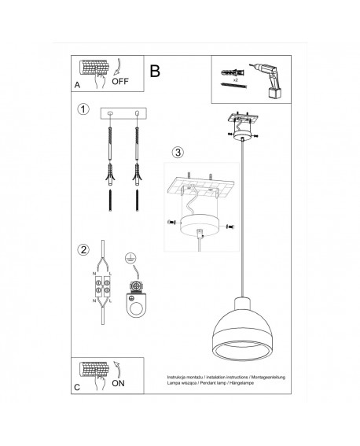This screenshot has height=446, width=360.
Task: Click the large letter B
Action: point(154,72)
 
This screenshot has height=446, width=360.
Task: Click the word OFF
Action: point(120,80)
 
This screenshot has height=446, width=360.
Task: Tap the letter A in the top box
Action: point(77,83)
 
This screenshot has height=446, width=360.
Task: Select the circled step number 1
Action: point(83,109)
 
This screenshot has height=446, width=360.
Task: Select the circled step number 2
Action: point(83,250)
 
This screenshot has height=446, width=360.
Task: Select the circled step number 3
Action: point(178,151)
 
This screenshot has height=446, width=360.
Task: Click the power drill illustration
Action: point(261,80)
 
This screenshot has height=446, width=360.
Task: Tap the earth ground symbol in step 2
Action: point(130,256)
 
